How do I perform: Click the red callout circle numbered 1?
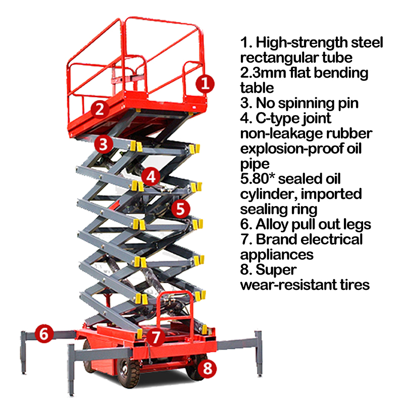205,83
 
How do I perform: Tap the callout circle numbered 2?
100,108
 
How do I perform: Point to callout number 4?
150,176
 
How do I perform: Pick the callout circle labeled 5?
180,208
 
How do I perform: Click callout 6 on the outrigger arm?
44,334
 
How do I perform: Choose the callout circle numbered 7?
157,336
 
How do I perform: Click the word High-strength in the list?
293,43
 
